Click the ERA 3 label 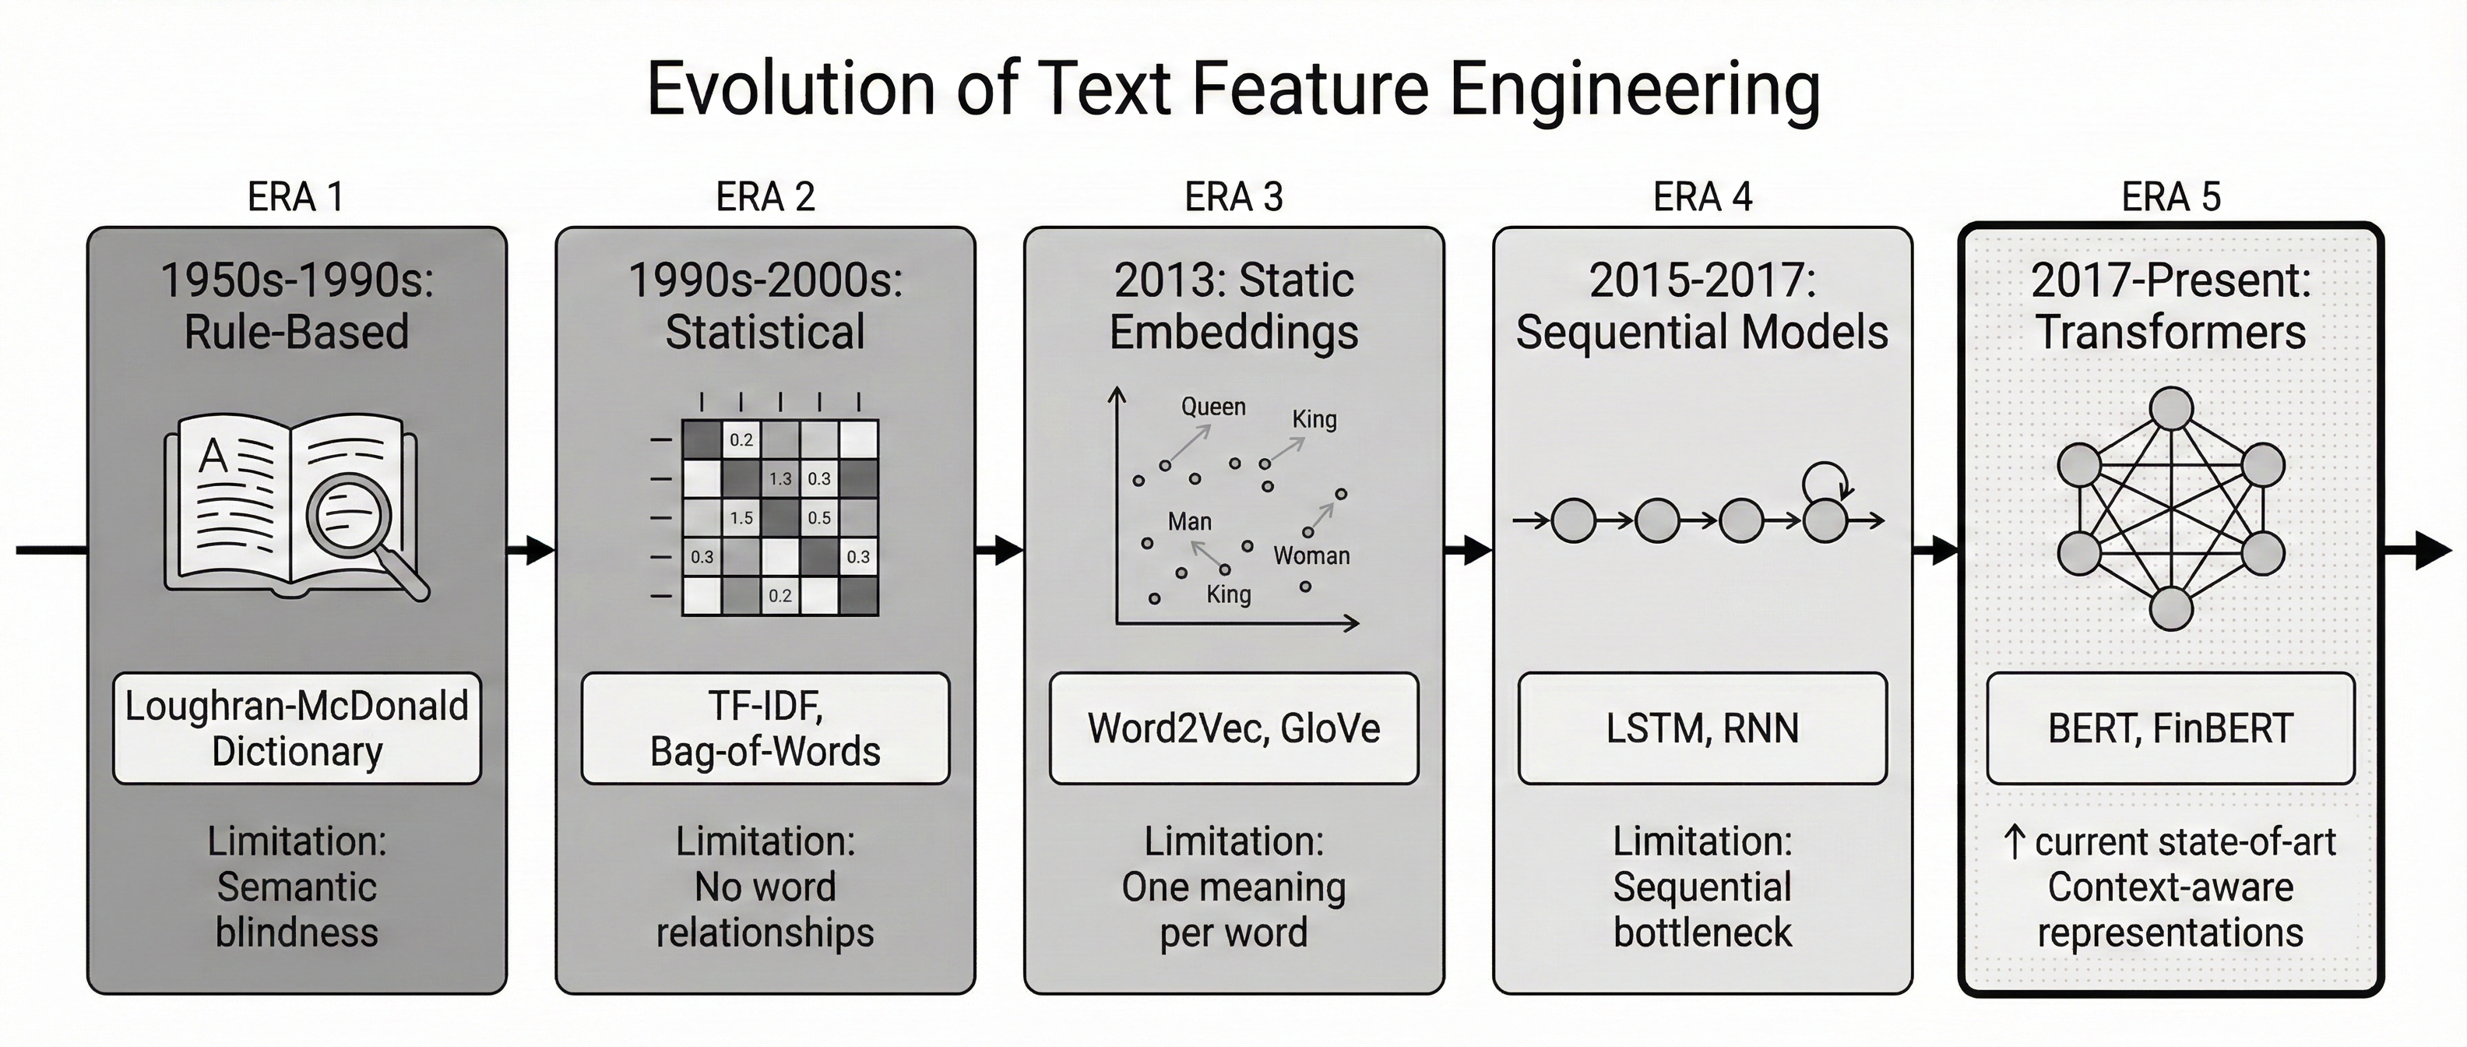(x=1233, y=197)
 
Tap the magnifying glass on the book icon (x=350, y=518)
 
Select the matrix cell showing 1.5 (x=741, y=518)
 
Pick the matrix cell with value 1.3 (x=780, y=479)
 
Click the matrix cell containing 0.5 (x=818, y=518)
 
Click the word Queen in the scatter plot (x=1212, y=407)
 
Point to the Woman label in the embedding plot (x=1311, y=556)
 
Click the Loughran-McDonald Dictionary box (x=297, y=729)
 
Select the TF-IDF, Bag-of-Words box (x=765, y=729)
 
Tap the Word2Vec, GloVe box (x=1233, y=729)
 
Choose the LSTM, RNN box (x=1702, y=729)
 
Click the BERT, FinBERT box (x=2170, y=729)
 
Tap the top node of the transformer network (x=2171, y=409)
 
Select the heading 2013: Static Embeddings (x=1233, y=306)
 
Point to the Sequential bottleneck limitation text (x=1702, y=909)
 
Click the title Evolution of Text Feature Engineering (x=1233, y=89)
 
